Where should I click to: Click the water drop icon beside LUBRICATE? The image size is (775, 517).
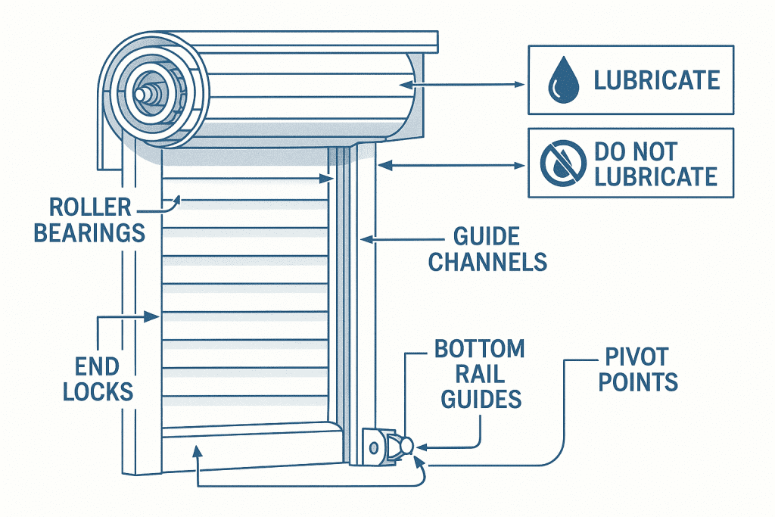(x=561, y=79)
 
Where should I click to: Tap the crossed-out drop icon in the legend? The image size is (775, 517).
(x=562, y=164)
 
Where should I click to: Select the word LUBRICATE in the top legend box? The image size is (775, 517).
(x=656, y=79)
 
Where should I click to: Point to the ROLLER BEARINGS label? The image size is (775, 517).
(x=89, y=219)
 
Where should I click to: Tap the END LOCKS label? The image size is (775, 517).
(x=98, y=378)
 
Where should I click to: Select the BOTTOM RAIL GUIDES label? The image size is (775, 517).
(x=479, y=375)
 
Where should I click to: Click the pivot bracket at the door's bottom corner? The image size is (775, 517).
(x=387, y=446)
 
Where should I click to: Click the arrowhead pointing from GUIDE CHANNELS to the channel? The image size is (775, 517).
(x=365, y=240)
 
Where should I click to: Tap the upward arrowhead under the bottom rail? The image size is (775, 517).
(x=198, y=452)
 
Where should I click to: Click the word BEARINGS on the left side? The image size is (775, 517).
(x=89, y=232)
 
